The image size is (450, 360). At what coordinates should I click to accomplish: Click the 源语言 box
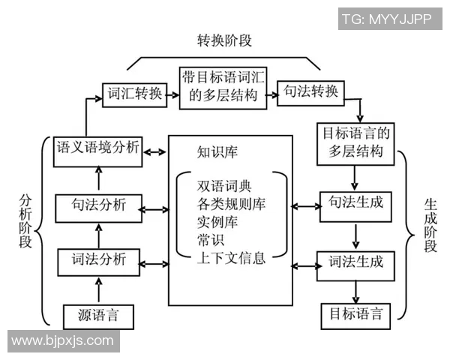coord(97,316)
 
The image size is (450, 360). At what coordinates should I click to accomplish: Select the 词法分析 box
coord(97,262)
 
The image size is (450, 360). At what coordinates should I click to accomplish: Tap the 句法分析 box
coord(97,205)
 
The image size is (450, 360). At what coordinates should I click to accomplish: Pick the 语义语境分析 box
coord(97,148)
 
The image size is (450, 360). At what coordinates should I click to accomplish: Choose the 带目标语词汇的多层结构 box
coord(223,86)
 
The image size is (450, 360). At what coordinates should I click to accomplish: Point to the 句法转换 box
coord(311,92)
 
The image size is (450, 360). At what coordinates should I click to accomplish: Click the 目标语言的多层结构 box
coord(357,142)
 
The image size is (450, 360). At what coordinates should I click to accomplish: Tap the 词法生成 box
coord(355,262)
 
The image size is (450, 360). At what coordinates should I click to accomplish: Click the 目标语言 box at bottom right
coord(355,314)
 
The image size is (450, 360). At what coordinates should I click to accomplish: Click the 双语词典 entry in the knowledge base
coord(221,185)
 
